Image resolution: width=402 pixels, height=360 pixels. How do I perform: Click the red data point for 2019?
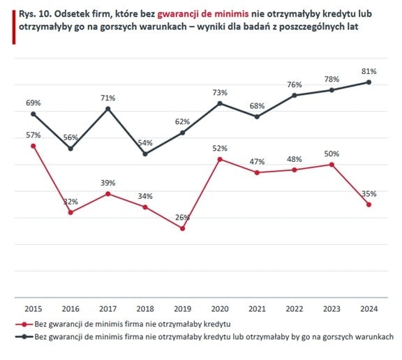pos(183,228)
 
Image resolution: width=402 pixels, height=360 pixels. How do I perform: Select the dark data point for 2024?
pos(369,82)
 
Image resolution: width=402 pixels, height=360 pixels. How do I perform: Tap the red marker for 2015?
pos(33,146)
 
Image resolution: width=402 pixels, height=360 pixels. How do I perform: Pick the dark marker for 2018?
pos(145,154)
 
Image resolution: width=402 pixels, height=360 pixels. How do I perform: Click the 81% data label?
pos(369,71)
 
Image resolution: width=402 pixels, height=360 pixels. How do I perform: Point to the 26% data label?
pos(183,218)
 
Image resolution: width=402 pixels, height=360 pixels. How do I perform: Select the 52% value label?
pos(220,149)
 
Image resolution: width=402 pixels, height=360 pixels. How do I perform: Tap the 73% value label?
pos(220,93)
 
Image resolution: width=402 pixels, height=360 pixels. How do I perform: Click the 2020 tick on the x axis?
pos(220,309)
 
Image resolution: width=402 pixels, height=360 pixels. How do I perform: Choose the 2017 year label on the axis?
pos(108,309)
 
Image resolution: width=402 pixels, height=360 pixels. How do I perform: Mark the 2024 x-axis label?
pos(369,309)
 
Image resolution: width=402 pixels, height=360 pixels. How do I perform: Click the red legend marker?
pos(24,324)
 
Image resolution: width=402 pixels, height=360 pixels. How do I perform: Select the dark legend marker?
pos(24,337)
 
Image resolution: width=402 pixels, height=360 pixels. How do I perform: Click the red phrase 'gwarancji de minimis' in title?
pos(203,14)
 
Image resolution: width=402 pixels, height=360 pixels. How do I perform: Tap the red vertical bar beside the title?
pos(14,27)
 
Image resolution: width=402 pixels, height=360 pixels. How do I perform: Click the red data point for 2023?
pos(332,165)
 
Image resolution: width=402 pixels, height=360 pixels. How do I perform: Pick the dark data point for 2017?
pos(108,109)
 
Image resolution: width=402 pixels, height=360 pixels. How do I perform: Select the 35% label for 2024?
pos(369,194)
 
